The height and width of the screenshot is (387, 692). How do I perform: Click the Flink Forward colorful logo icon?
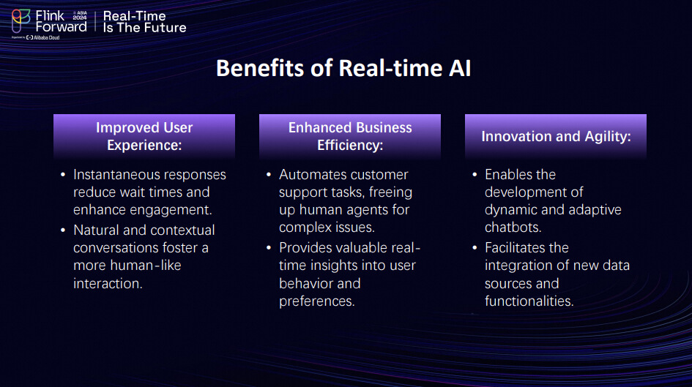pyautogui.click(x=21, y=20)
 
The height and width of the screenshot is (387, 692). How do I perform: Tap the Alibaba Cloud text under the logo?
pyautogui.click(x=46, y=37)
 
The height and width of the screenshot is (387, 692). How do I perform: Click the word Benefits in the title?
pyautogui.click(x=260, y=68)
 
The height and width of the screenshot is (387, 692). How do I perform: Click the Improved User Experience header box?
pyautogui.click(x=144, y=136)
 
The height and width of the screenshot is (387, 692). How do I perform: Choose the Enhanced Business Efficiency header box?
pyautogui.click(x=350, y=136)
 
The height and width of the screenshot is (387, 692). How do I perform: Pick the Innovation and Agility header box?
pyautogui.click(x=556, y=136)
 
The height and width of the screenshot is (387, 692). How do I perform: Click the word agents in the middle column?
pyautogui.click(x=366, y=210)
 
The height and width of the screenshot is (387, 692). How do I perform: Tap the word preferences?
pyautogui.click(x=317, y=301)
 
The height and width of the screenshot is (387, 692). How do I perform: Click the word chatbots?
pyautogui.click(x=513, y=228)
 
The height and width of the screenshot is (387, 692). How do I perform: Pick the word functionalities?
pyautogui.click(x=529, y=301)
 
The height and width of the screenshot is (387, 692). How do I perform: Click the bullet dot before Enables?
pyautogui.click(x=475, y=175)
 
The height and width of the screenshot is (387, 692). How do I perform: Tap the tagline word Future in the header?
pyautogui.click(x=164, y=28)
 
